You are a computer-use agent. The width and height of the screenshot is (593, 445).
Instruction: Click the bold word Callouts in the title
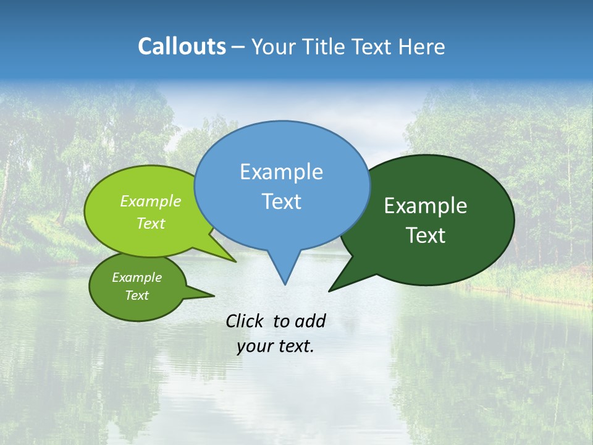[x=182, y=46]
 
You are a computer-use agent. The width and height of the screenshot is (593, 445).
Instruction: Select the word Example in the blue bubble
[x=281, y=172]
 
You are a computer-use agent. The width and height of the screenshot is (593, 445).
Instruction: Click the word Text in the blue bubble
[x=281, y=201]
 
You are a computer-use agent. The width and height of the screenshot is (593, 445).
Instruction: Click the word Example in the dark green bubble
[x=426, y=206]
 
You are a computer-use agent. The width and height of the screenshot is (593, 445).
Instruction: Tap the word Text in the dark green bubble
[x=426, y=235]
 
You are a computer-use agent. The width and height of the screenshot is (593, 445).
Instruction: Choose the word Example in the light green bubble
[x=151, y=201]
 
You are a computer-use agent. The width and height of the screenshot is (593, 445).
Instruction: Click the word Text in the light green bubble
[x=151, y=223]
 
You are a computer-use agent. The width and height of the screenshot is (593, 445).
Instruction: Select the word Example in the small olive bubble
[x=137, y=278]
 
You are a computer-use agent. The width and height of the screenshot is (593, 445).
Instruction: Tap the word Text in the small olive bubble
[x=137, y=295]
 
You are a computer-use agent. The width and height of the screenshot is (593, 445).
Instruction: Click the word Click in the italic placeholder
[x=246, y=321]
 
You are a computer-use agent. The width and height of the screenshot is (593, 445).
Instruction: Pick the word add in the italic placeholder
[x=309, y=321]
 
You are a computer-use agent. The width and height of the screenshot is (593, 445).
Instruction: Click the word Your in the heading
[x=275, y=46]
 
